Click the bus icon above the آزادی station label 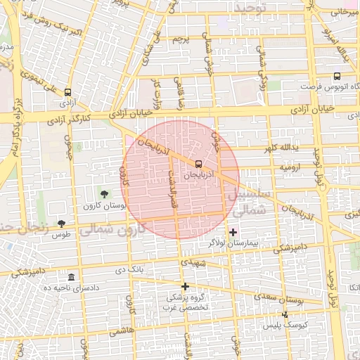click(x=67, y=92)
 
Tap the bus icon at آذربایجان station click(x=197, y=163)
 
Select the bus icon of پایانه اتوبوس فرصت click(x=337, y=76)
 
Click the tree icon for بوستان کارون click(x=105, y=193)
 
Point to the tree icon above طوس click(x=61, y=223)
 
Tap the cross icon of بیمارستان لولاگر click(x=233, y=232)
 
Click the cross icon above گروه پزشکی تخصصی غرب click(x=185, y=286)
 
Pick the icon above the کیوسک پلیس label click(x=285, y=314)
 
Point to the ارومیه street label click(x=290, y=168)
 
